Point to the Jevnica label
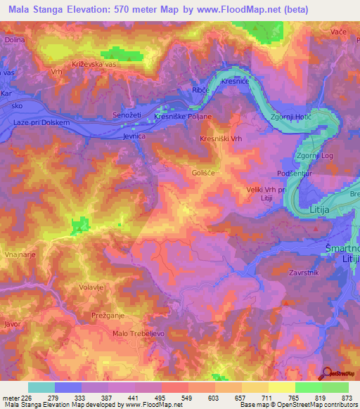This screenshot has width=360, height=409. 133,138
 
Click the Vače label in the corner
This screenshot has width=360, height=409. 340,32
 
